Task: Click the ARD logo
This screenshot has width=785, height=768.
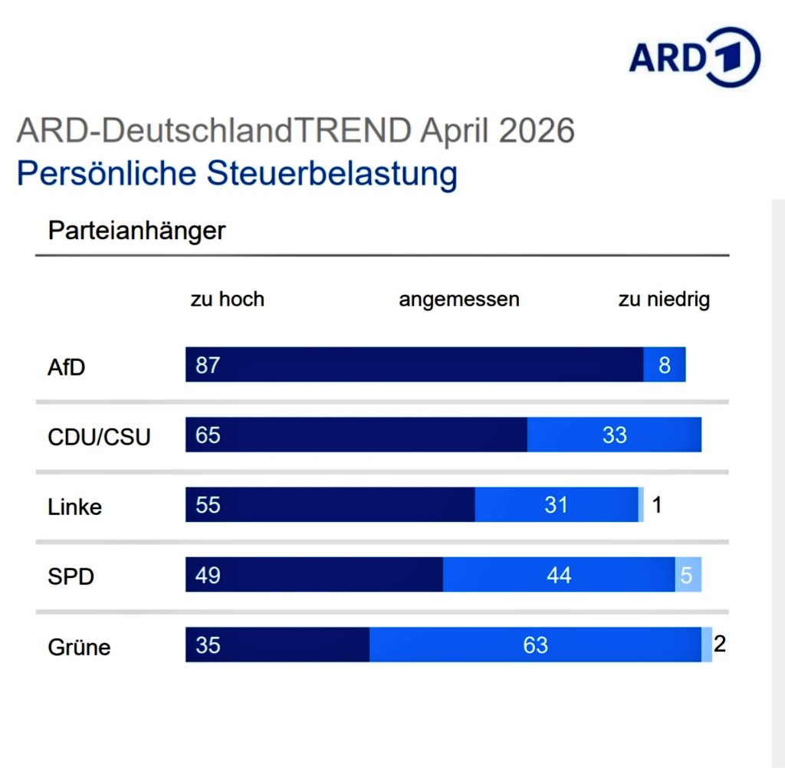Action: point(694,58)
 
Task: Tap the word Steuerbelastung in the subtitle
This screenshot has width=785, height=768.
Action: point(331,174)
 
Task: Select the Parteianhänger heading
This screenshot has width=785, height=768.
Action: point(136,230)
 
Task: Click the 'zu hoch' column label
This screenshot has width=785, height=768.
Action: point(227,299)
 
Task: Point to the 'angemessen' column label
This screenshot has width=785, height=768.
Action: point(458,299)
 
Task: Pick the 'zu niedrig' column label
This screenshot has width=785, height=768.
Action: point(664,299)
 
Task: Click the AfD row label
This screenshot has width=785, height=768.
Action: point(67,366)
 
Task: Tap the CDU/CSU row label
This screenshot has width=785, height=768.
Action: point(99,437)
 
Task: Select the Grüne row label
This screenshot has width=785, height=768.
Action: point(79,647)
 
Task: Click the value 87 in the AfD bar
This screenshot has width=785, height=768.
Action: point(208,365)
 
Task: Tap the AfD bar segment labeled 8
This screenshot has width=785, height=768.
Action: point(664,365)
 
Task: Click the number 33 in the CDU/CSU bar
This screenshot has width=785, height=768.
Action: point(614,435)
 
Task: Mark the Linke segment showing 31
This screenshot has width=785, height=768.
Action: point(556,505)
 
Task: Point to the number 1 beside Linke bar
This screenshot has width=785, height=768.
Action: point(657,505)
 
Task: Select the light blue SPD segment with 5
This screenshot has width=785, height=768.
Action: point(688,575)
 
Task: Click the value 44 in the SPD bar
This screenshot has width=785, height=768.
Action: point(559,575)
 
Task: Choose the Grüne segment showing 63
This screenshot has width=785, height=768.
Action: point(535,645)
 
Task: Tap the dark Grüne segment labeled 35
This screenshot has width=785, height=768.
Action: point(208,645)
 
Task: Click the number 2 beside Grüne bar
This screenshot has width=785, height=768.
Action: point(719,643)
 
